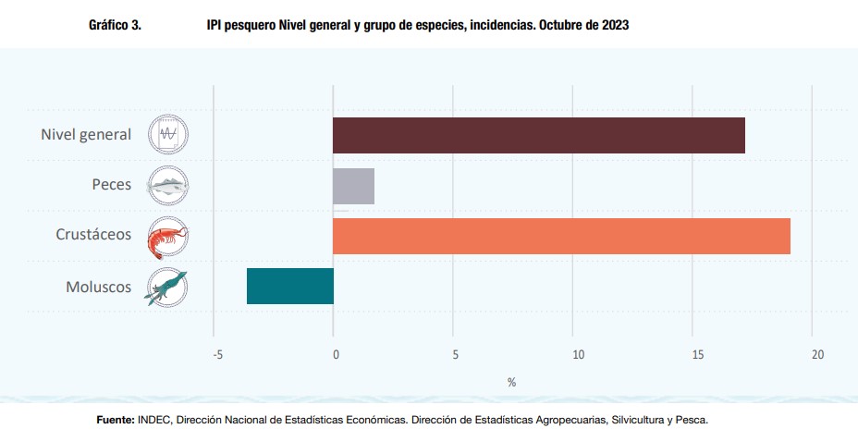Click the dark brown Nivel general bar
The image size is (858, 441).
pyautogui.click(x=539, y=135)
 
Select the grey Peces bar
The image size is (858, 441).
pyautogui.click(x=353, y=186)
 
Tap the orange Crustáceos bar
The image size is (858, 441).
pyautogui.click(x=561, y=236)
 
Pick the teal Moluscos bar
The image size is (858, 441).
pyautogui.click(x=290, y=286)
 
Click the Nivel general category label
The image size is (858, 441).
pyautogui.click(x=86, y=135)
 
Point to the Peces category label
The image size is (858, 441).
pyautogui.click(x=111, y=185)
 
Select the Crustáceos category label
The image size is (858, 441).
pyautogui.click(x=93, y=235)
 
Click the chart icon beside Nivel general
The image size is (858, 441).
pyautogui.click(x=168, y=135)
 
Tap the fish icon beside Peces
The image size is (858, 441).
pyautogui.click(x=168, y=185)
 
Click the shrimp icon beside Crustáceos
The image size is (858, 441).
pyautogui.click(x=168, y=236)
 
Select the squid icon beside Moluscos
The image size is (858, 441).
pyautogui.click(x=168, y=287)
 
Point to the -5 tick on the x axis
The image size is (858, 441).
pyautogui.click(x=217, y=354)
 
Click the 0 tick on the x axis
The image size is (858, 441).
pyautogui.click(x=336, y=354)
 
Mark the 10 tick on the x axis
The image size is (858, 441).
pyautogui.click(x=578, y=354)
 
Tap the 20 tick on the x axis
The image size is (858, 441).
pyautogui.click(x=817, y=354)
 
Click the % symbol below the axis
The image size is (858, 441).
pyautogui.click(x=511, y=382)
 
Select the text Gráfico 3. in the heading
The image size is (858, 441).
pyautogui.click(x=115, y=26)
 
